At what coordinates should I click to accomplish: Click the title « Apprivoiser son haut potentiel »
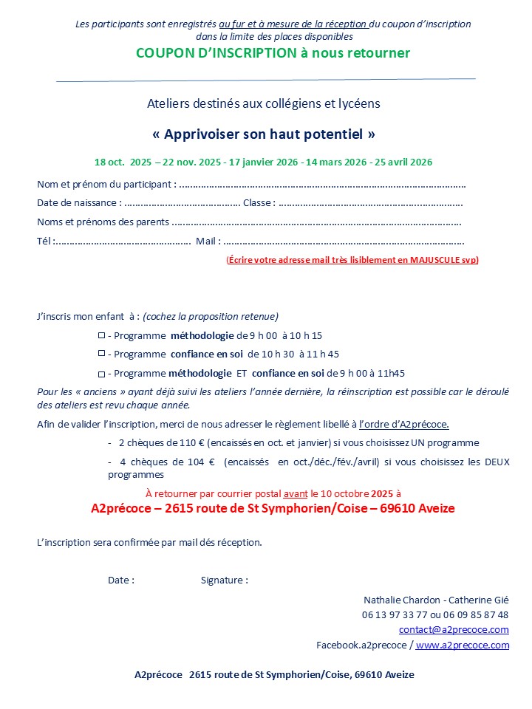(x=264, y=134)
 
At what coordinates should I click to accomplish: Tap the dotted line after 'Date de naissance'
(x=182, y=203)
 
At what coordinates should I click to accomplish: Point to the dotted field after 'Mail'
(x=344, y=241)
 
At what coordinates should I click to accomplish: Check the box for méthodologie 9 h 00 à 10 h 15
(x=102, y=335)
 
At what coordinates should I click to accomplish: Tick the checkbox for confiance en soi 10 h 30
(x=102, y=354)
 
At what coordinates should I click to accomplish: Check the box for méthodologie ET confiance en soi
(x=102, y=374)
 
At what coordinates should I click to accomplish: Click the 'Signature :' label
(x=225, y=580)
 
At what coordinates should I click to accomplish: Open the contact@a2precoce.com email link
(x=454, y=630)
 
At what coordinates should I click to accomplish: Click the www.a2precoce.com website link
(x=463, y=645)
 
